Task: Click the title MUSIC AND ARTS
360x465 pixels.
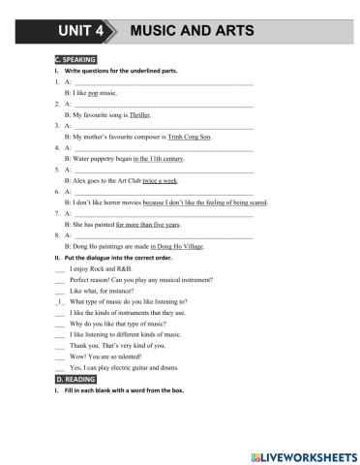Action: (191, 30)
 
